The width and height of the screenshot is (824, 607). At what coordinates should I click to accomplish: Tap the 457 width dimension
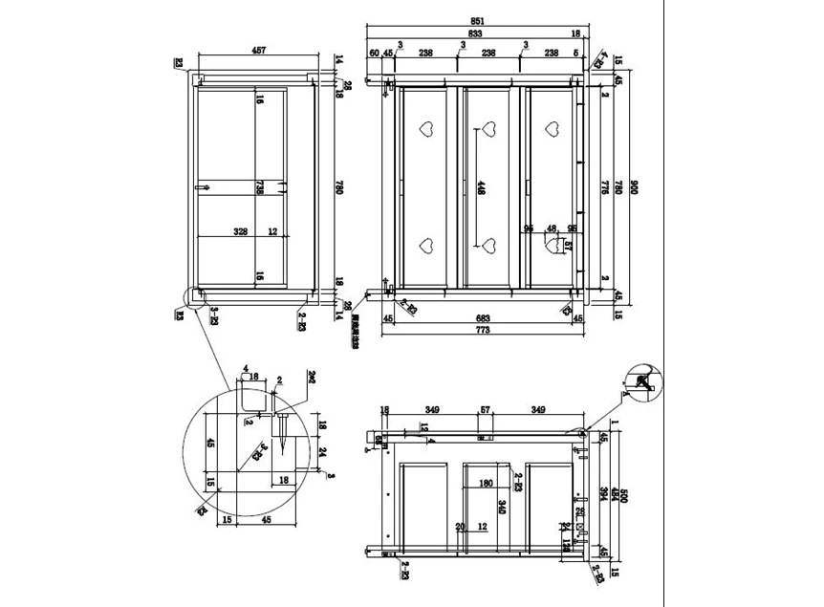(x=257, y=50)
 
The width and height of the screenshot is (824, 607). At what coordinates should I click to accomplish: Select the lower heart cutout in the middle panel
(x=489, y=246)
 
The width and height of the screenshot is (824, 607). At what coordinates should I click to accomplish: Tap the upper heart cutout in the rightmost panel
(x=552, y=128)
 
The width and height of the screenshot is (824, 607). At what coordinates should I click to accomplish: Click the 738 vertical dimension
(x=259, y=187)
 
